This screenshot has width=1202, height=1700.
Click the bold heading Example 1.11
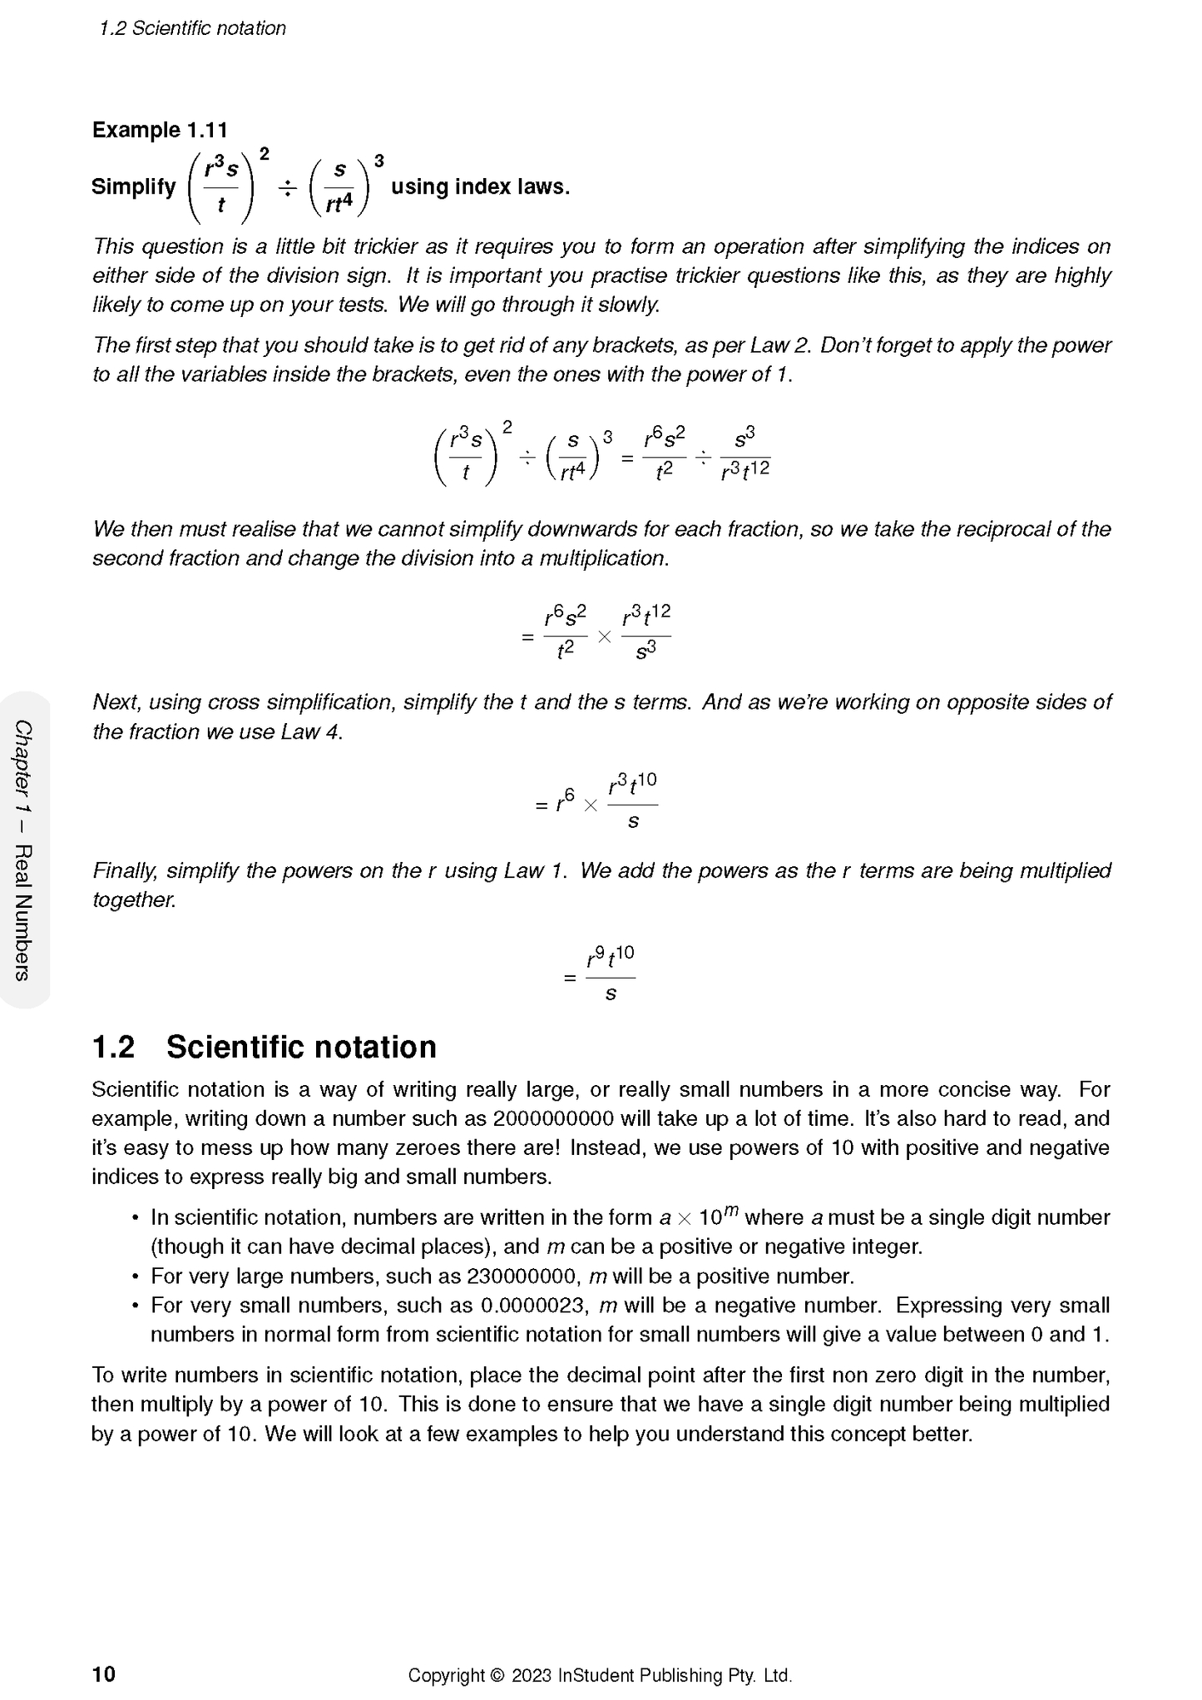(x=160, y=131)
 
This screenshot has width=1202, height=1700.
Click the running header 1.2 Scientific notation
(x=192, y=28)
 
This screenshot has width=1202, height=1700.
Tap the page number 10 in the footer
(x=103, y=1673)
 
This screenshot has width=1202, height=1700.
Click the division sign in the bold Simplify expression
(x=287, y=188)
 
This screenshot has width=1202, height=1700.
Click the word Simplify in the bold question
(x=133, y=187)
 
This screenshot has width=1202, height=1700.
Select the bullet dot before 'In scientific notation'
(x=135, y=1218)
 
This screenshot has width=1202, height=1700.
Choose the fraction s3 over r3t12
(x=744, y=453)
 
